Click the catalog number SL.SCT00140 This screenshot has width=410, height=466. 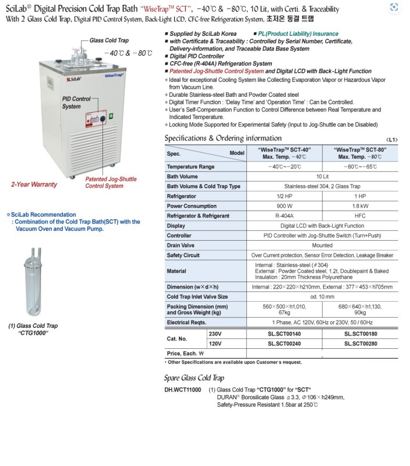click(x=284, y=334)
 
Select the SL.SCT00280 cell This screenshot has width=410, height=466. click(x=361, y=344)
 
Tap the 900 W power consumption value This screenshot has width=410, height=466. click(x=284, y=206)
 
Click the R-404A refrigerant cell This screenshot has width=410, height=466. click(x=284, y=216)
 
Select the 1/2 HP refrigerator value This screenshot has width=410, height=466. click(x=284, y=196)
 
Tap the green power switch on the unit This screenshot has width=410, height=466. click(x=111, y=115)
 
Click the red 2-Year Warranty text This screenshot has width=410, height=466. click(x=34, y=184)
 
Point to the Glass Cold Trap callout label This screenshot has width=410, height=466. click(x=109, y=41)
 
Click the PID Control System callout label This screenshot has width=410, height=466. click(x=76, y=102)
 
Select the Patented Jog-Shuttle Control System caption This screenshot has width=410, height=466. click(x=111, y=182)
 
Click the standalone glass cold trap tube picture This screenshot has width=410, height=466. click(x=34, y=281)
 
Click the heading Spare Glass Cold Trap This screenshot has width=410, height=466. click(x=194, y=378)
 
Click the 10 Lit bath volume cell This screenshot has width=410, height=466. click(x=322, y=177)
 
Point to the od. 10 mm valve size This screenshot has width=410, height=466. click(x=322, y=297)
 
